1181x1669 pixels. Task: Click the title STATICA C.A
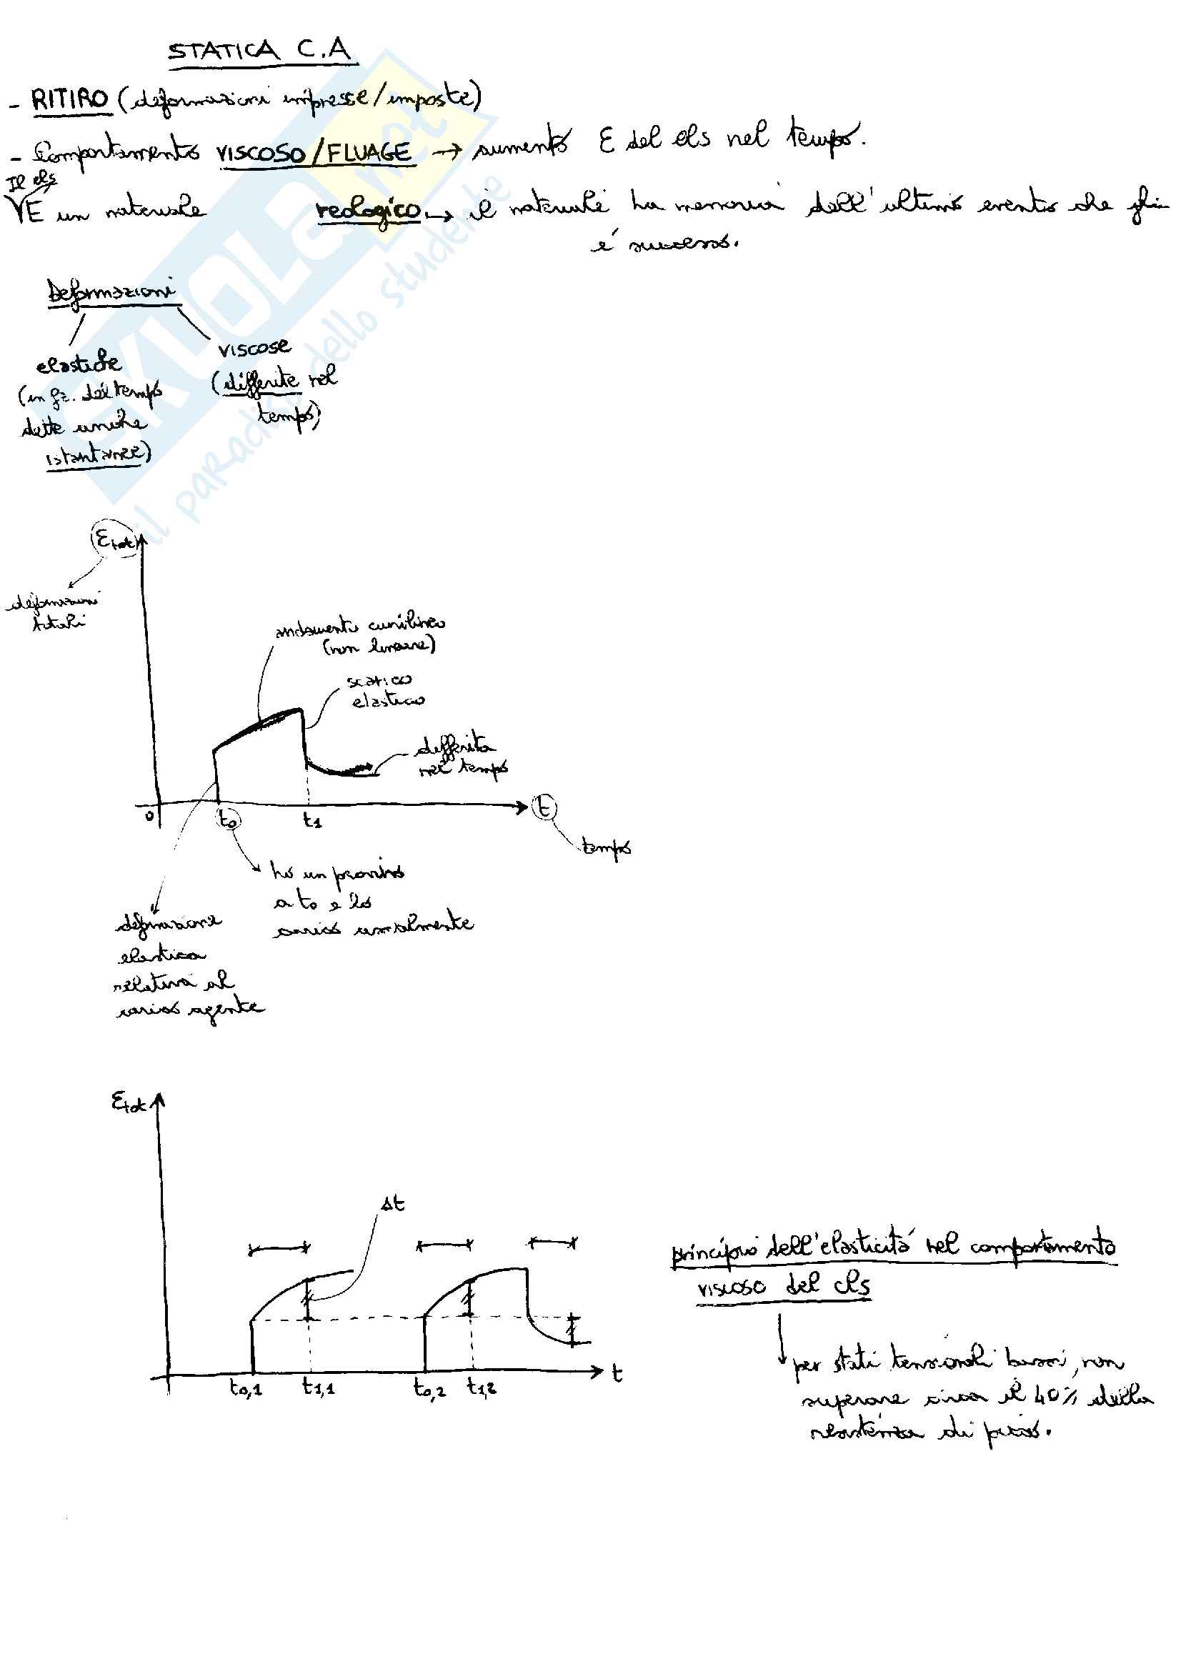[x=259, y=51]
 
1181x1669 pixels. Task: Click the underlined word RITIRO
[x=70, y=99]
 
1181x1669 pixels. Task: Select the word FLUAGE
[x=369, y=153]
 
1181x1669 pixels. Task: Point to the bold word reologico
[x=368, y=210]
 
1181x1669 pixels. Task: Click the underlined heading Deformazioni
[x=111, y=292]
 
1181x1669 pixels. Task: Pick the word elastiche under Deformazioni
[x=79, y=362]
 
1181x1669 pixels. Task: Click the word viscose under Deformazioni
[x=254, y=348]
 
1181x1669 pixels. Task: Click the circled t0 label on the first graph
[x=228, y=819]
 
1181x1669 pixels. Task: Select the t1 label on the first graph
[x=312, y=820]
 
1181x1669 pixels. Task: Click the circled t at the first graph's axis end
[x=544, y=807]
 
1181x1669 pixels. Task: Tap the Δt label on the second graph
[x=393, y=1204]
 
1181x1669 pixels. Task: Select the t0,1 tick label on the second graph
[x=246, y=1388]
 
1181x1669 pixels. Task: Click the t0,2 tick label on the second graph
[x=429, y=1388]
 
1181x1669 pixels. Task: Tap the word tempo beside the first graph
[x=606, y=847]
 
